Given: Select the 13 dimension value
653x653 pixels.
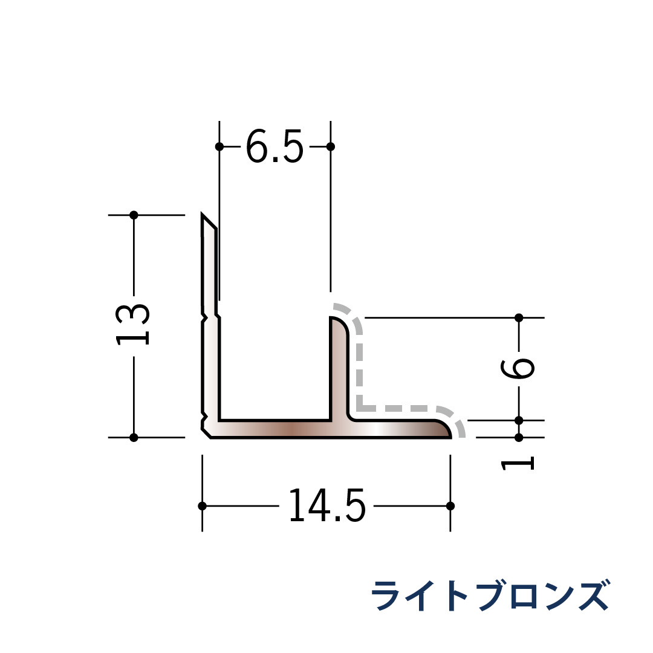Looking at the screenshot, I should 133,324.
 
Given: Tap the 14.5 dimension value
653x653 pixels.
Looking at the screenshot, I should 326,505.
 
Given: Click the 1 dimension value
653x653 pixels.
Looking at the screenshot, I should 519,464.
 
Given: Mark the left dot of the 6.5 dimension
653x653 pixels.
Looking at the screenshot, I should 219,146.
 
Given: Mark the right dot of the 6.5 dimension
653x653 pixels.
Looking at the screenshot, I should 330,146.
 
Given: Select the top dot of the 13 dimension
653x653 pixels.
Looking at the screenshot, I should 134,215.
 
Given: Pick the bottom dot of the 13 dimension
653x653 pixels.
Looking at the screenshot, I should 134,437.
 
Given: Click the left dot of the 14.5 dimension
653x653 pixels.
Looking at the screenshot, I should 202,505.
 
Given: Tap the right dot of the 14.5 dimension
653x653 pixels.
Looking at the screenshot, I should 450,505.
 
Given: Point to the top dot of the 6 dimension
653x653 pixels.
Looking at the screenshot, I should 519,317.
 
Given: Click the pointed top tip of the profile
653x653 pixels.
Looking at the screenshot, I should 203,216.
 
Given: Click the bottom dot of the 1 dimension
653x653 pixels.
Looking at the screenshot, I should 519,437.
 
